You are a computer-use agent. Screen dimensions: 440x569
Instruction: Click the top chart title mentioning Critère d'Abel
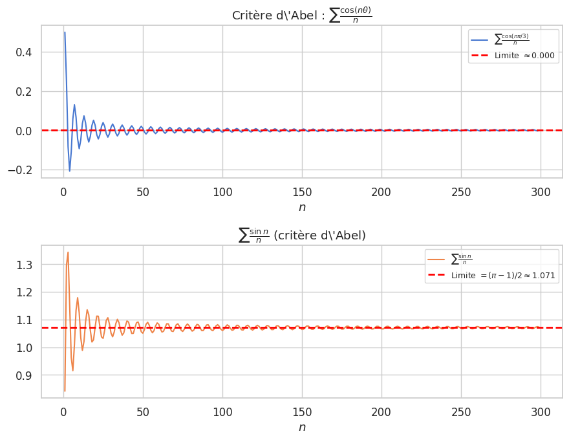(x=302, y=15)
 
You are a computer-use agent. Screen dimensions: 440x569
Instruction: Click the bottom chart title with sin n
(x=302, y=235)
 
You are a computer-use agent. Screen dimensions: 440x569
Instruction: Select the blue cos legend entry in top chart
(x=511, y=40)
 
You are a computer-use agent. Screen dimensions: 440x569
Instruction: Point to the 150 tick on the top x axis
(x=302, y=192)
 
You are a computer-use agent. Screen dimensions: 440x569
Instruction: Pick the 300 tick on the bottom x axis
(x=541, y=412)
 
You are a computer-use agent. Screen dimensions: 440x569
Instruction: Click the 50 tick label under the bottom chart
(x=143, y=412)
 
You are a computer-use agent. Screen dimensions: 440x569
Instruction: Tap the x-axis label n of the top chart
(x=302, y=207)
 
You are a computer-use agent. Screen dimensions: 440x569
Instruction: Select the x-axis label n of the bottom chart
(x=302, y=427)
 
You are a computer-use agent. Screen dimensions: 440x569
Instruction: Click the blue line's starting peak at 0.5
(x=65, y=32)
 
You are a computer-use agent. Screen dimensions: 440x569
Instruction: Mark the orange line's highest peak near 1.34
(x=68, y=252)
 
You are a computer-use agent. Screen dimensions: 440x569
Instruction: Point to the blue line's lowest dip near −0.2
(x=70, y=171)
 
